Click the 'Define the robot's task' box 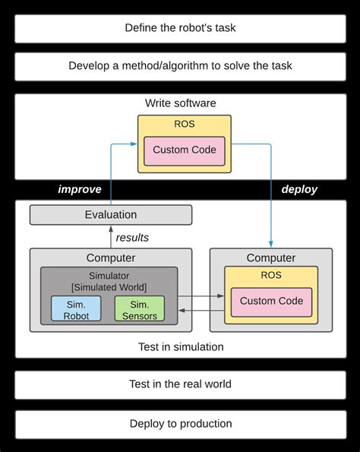click(x=180, y=28)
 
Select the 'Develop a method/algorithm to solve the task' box click(x=180, y=66)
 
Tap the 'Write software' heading click(x=180, y=103)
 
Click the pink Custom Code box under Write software click(x=184, y=150)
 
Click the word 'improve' click(x=80, y=189)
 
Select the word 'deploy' click(x=299, y=189)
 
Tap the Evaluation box click(x=110, y=215)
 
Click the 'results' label click(x=132, y=238)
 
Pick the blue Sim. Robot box click(x=76, y=309)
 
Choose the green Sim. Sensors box click(x=139, y=309)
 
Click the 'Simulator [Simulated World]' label click(x=109, y=280)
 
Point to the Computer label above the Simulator click(x=110, y=258)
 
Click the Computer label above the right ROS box click(x=271, y=258)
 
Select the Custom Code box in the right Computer click(x=271, y=301)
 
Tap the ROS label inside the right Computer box click(x=271, y=277)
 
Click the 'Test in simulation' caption click(x=180, y=346)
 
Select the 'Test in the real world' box click(x=180, y=384)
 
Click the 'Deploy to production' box click(x=180, y=423)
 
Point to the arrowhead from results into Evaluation click(x=110, y=228)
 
